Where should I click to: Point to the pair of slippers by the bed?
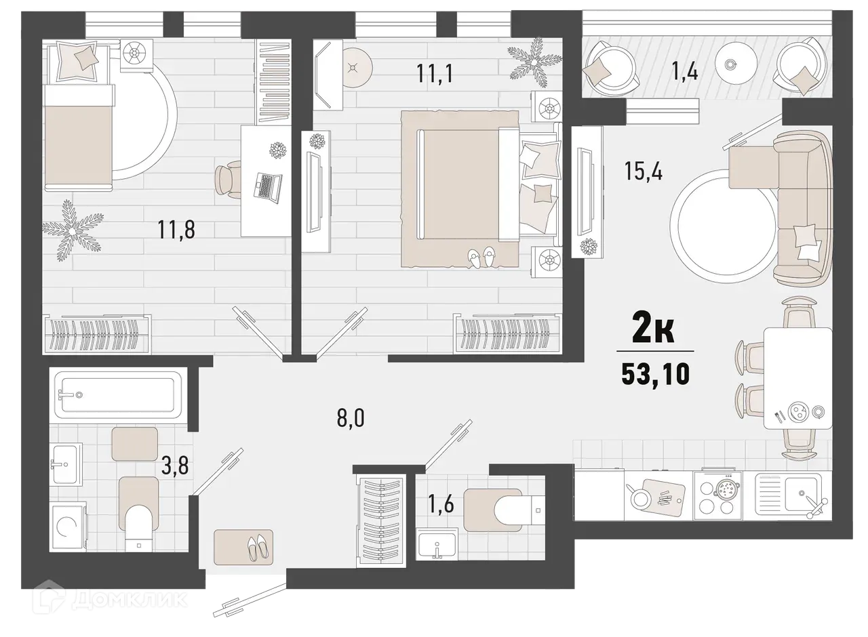(482, 258)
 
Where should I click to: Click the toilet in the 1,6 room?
(512, 507)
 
